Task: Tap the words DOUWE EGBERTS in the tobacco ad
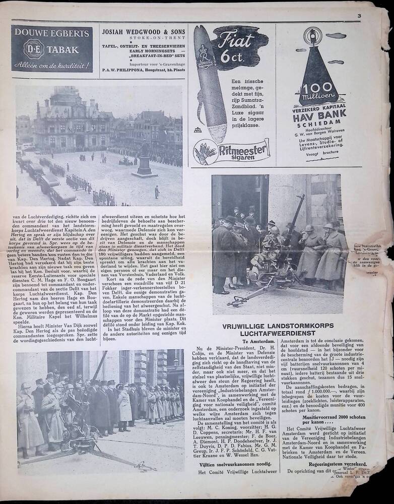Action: (52, 34)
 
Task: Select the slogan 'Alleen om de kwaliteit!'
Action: (52, 65)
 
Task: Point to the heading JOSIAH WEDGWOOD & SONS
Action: (143, 32)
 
